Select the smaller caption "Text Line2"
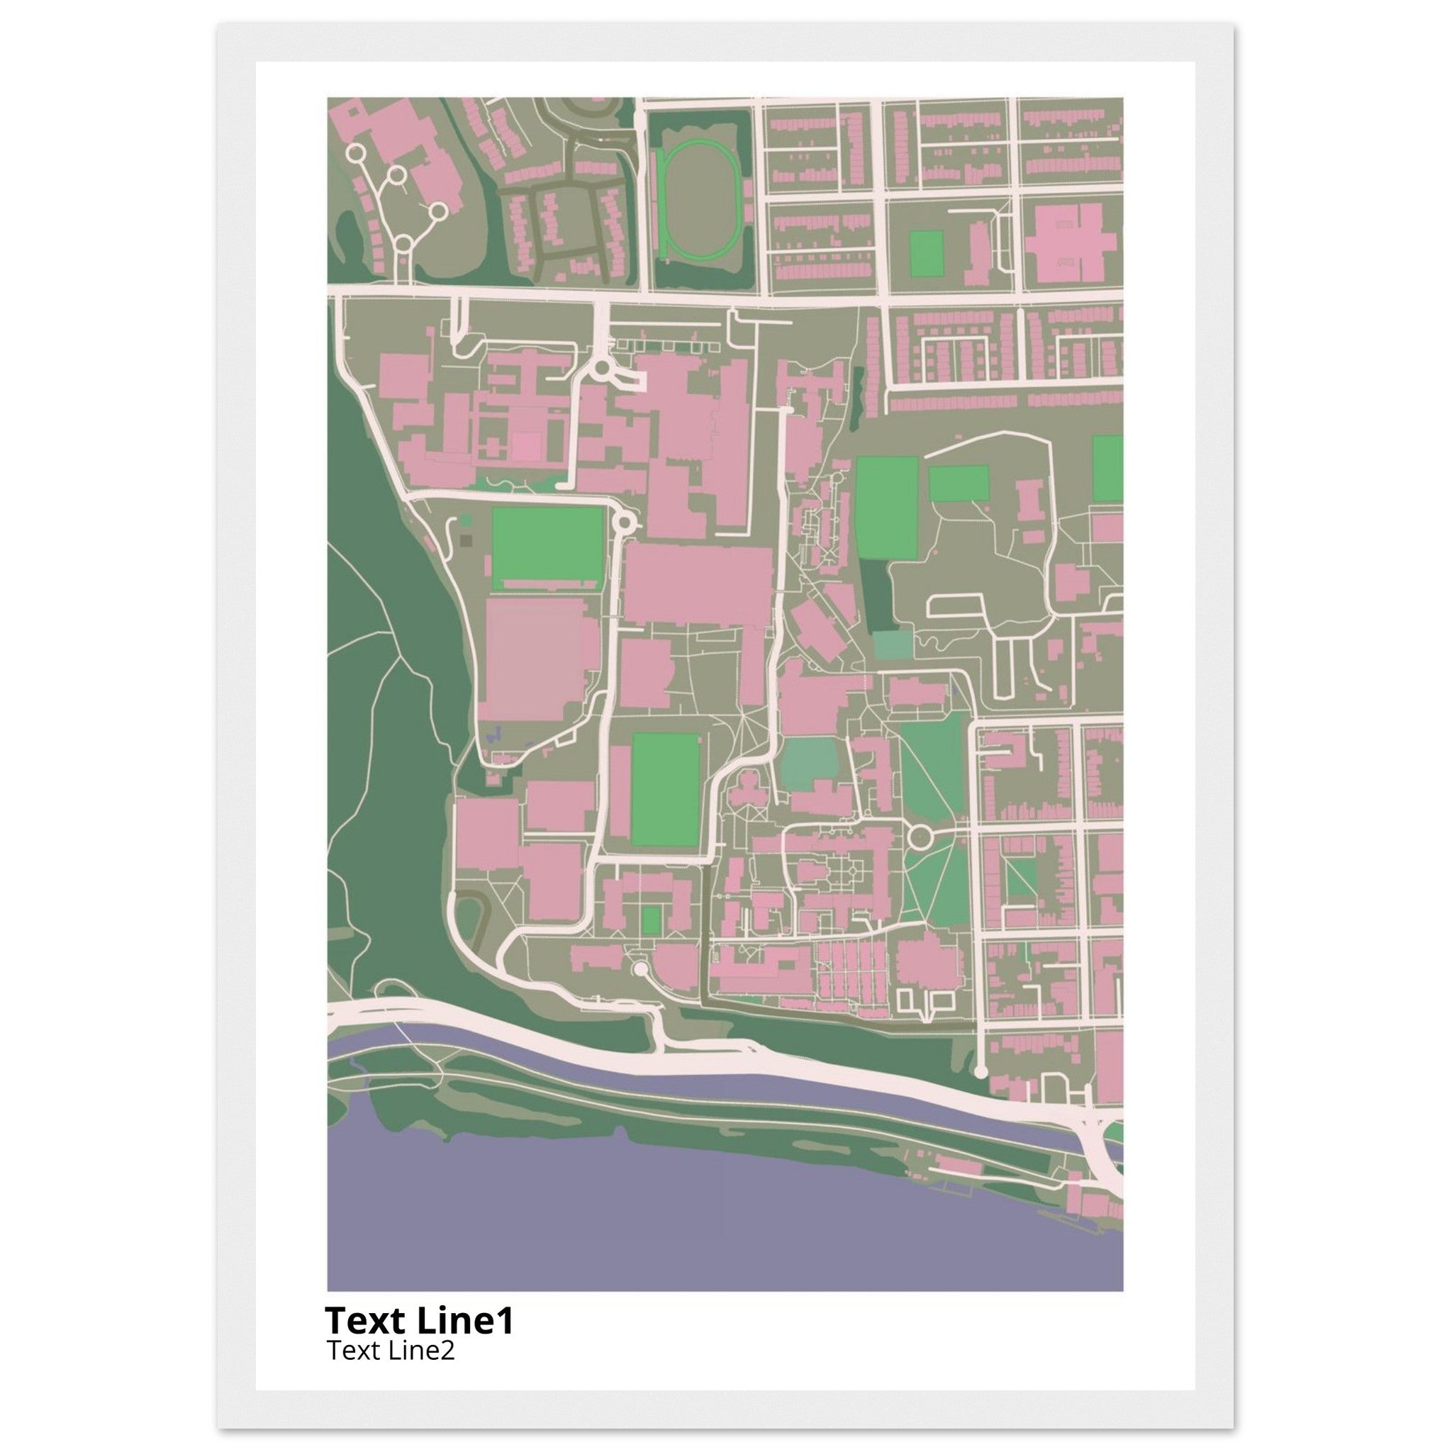(x=390, y=1351)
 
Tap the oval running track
(x=699, y=199)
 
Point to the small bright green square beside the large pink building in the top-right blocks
(x=926, y=253)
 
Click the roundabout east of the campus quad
(x=919, y=836)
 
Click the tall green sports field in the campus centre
(x=665, y=789)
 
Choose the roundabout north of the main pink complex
(x=602, y=369)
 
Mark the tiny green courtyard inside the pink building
(x=652, y=918)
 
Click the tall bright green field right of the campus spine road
(x=887, y=508)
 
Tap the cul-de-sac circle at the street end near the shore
(x=980, y=1071)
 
